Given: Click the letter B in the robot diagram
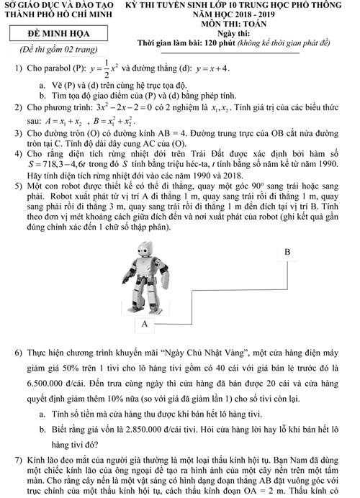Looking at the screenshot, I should click(x=288, y=253).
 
